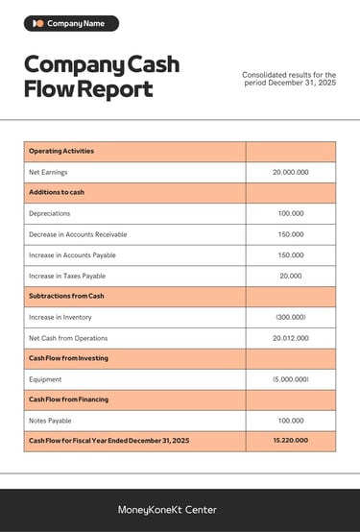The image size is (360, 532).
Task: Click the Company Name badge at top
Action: (x=71, y=23)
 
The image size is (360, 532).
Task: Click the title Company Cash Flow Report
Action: (x=101, y=77)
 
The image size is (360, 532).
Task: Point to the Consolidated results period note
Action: (x=289, y=78)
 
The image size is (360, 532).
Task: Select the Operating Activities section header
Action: (x=60, y=151)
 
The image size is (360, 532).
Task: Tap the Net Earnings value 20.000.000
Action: (x=290, y=172)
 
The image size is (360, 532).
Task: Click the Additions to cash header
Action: (x=57, y=192)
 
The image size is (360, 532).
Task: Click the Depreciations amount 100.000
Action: (x=290, y=213)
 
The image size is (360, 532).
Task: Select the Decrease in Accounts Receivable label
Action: (x=78, y=234)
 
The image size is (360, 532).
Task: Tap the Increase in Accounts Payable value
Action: (x=290, y=254)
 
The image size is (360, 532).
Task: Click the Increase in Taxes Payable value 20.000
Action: (x=290, y=276)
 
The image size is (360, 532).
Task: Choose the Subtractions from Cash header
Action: (x=66, y=296)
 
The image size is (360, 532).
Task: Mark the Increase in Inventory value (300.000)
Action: (x=290, y=317)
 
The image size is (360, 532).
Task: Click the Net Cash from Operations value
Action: (x=290, y=338)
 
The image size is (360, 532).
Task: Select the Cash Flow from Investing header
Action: (x=68, y=358)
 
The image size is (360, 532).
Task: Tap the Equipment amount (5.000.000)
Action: (x=290, y=379)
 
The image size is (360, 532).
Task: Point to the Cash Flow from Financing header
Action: (x=68, y=399)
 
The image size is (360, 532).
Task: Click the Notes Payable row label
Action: (x=50, y=421)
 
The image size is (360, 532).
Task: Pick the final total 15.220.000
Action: (x=290, y=440)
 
